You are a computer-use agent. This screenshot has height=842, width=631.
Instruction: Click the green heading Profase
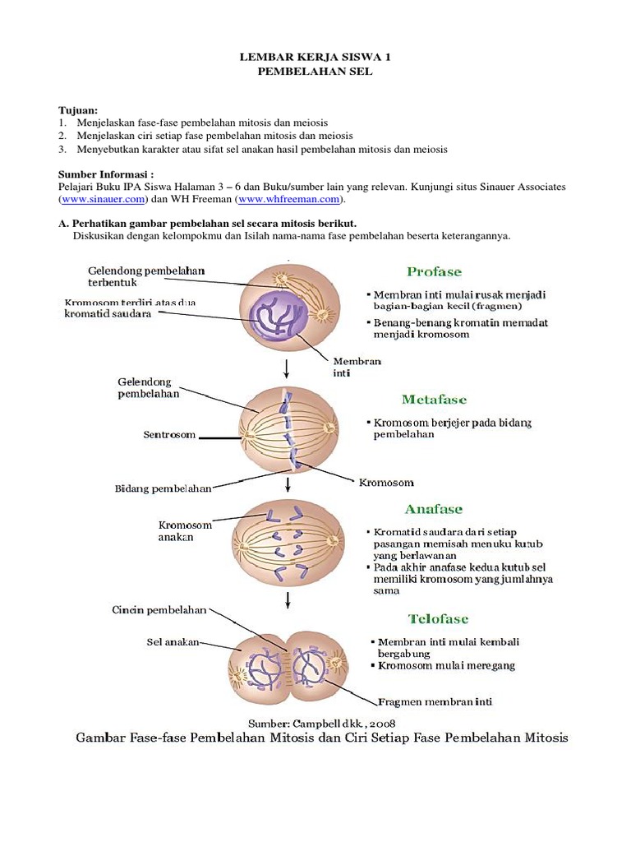434,271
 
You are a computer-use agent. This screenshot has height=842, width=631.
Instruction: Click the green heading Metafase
434,400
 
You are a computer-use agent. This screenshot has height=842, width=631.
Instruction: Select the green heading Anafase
435,509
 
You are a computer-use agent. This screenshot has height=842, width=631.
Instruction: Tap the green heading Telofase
438,618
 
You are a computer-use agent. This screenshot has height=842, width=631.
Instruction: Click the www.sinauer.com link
103,199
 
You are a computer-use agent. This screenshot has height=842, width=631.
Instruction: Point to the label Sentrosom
170,435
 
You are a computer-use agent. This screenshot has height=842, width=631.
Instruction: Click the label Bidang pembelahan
163,488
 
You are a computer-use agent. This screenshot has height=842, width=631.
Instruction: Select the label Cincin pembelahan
159,610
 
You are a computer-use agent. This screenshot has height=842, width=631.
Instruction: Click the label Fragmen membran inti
435,702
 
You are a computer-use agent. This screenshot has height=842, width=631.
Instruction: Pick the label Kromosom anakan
185,531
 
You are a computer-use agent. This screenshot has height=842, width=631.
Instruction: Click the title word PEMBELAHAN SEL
315,72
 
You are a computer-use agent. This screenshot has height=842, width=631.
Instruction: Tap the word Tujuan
78,109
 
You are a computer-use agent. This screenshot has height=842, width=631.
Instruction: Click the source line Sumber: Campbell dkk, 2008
316,721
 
